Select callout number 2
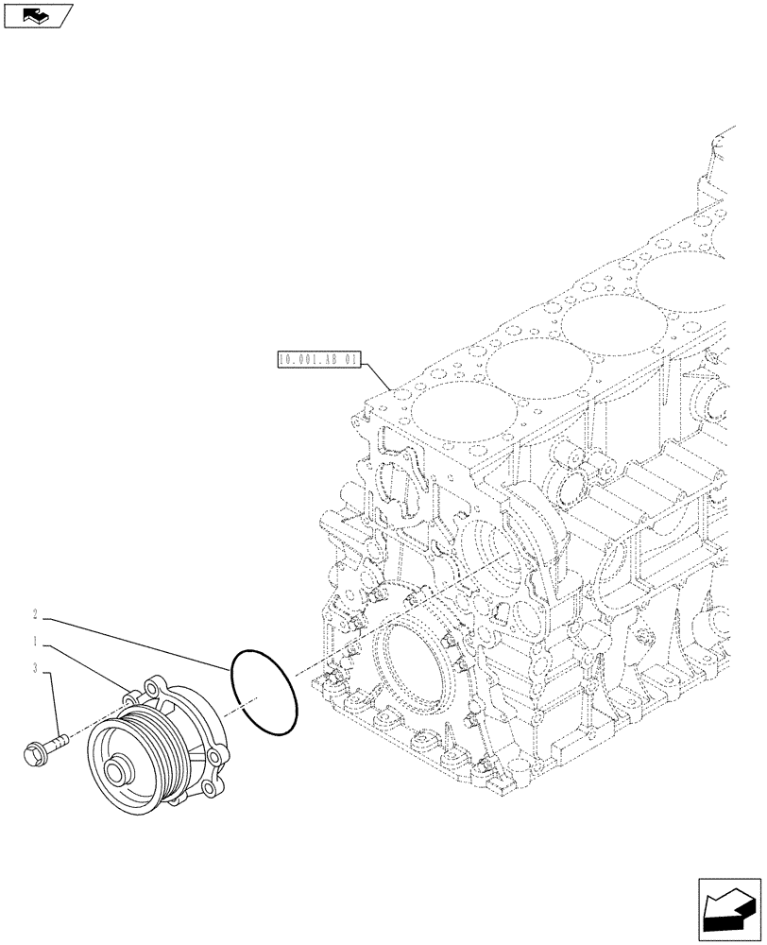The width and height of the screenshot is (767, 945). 35,614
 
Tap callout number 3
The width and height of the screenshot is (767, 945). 35,669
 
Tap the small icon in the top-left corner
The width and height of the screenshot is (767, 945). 36,15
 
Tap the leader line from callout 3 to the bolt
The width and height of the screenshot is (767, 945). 51,704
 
